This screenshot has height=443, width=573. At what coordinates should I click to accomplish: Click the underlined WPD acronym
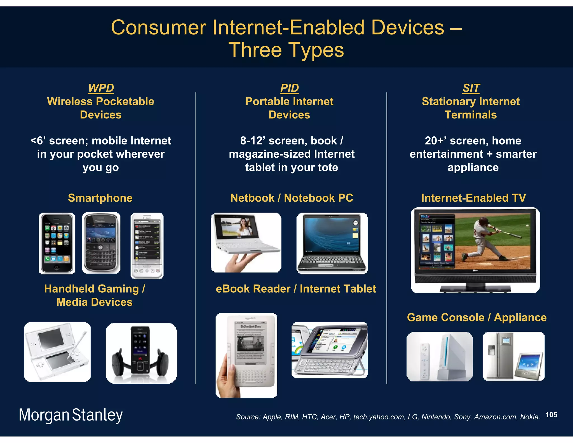[x=101, y=88]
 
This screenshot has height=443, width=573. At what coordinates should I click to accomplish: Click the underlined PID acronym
[x=289, y=88]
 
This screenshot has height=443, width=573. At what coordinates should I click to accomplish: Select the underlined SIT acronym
[x=471, y=88]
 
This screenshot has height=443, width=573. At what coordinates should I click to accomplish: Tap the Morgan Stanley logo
[x=71, y=415]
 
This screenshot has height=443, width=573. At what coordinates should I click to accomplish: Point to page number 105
[x=551, y=415]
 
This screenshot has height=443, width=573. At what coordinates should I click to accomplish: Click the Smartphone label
[x=100, y=198]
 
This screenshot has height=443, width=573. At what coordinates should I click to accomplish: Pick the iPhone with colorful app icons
[x=57, y=243]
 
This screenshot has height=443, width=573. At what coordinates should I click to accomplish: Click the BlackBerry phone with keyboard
[x=101, y=243]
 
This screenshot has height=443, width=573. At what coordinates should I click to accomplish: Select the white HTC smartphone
[x=147, y=246]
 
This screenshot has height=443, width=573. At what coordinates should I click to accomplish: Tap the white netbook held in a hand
[x=246, y=242]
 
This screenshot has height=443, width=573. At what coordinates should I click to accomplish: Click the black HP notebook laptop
[x=332, y=243]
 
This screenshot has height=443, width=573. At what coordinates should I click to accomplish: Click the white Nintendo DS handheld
[x=57, y=352]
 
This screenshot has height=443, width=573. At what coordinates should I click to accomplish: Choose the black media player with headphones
[x=141, y=353]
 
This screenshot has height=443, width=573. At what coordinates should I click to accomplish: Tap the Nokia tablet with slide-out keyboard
[x=330, y=350]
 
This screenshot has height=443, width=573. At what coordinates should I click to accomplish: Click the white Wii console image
[x=440, y=356]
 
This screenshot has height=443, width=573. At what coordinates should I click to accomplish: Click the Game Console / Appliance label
[x=476, y=318]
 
